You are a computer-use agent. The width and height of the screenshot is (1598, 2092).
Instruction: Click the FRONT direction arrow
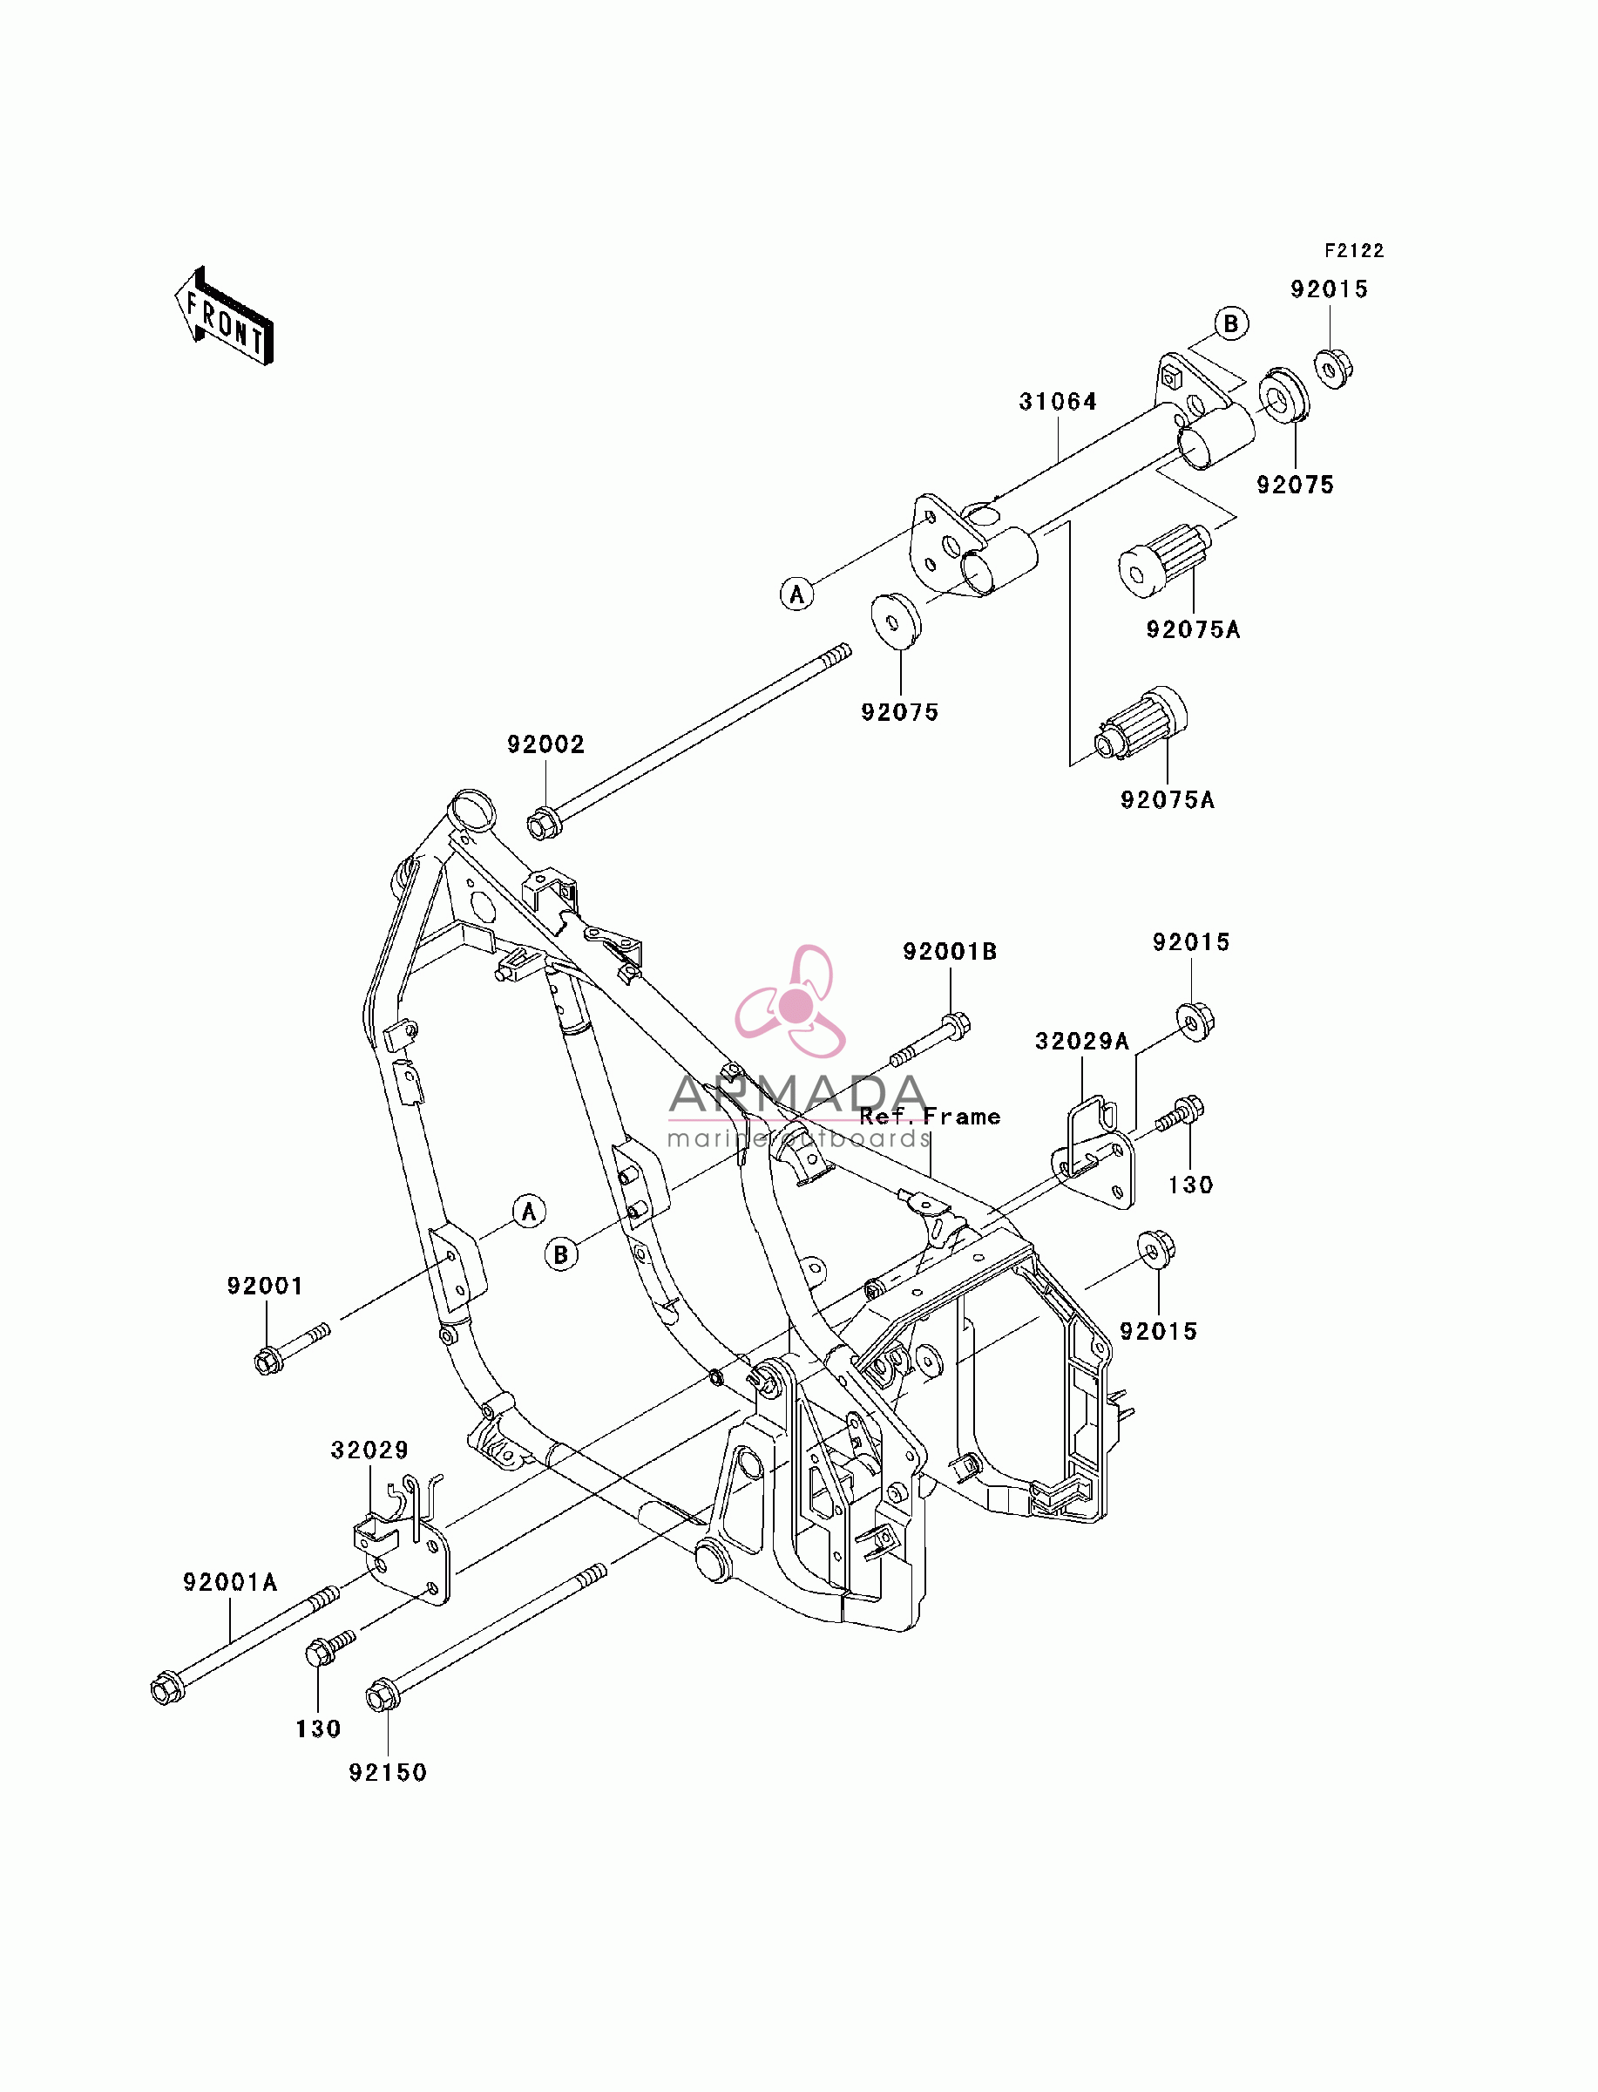point(225,316)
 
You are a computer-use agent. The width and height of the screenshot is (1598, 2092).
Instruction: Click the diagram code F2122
point(1355,251)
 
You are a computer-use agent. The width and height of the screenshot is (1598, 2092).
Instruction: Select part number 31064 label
point(1058,403)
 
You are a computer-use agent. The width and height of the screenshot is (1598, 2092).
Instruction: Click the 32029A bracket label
point(1082,1042)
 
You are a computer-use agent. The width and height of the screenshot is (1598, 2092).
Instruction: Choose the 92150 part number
point(388,1772)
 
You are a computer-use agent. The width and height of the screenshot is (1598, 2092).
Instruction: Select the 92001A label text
point(230,1582)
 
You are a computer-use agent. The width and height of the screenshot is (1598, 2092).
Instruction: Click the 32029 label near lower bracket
point(370,1450)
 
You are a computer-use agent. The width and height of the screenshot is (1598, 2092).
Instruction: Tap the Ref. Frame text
point(931,1117)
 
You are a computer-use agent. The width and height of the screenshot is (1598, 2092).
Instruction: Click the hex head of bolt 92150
point(383,1695)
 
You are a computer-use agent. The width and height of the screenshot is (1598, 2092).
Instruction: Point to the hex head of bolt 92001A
point(167,1688)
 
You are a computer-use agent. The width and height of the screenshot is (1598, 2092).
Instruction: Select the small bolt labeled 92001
point(292,1347)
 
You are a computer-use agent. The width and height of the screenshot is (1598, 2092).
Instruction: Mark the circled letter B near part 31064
point(1231,324)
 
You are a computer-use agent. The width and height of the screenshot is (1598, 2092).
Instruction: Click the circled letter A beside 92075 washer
point(797,594)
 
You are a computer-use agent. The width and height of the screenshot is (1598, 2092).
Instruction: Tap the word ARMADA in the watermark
point(798,1094)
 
